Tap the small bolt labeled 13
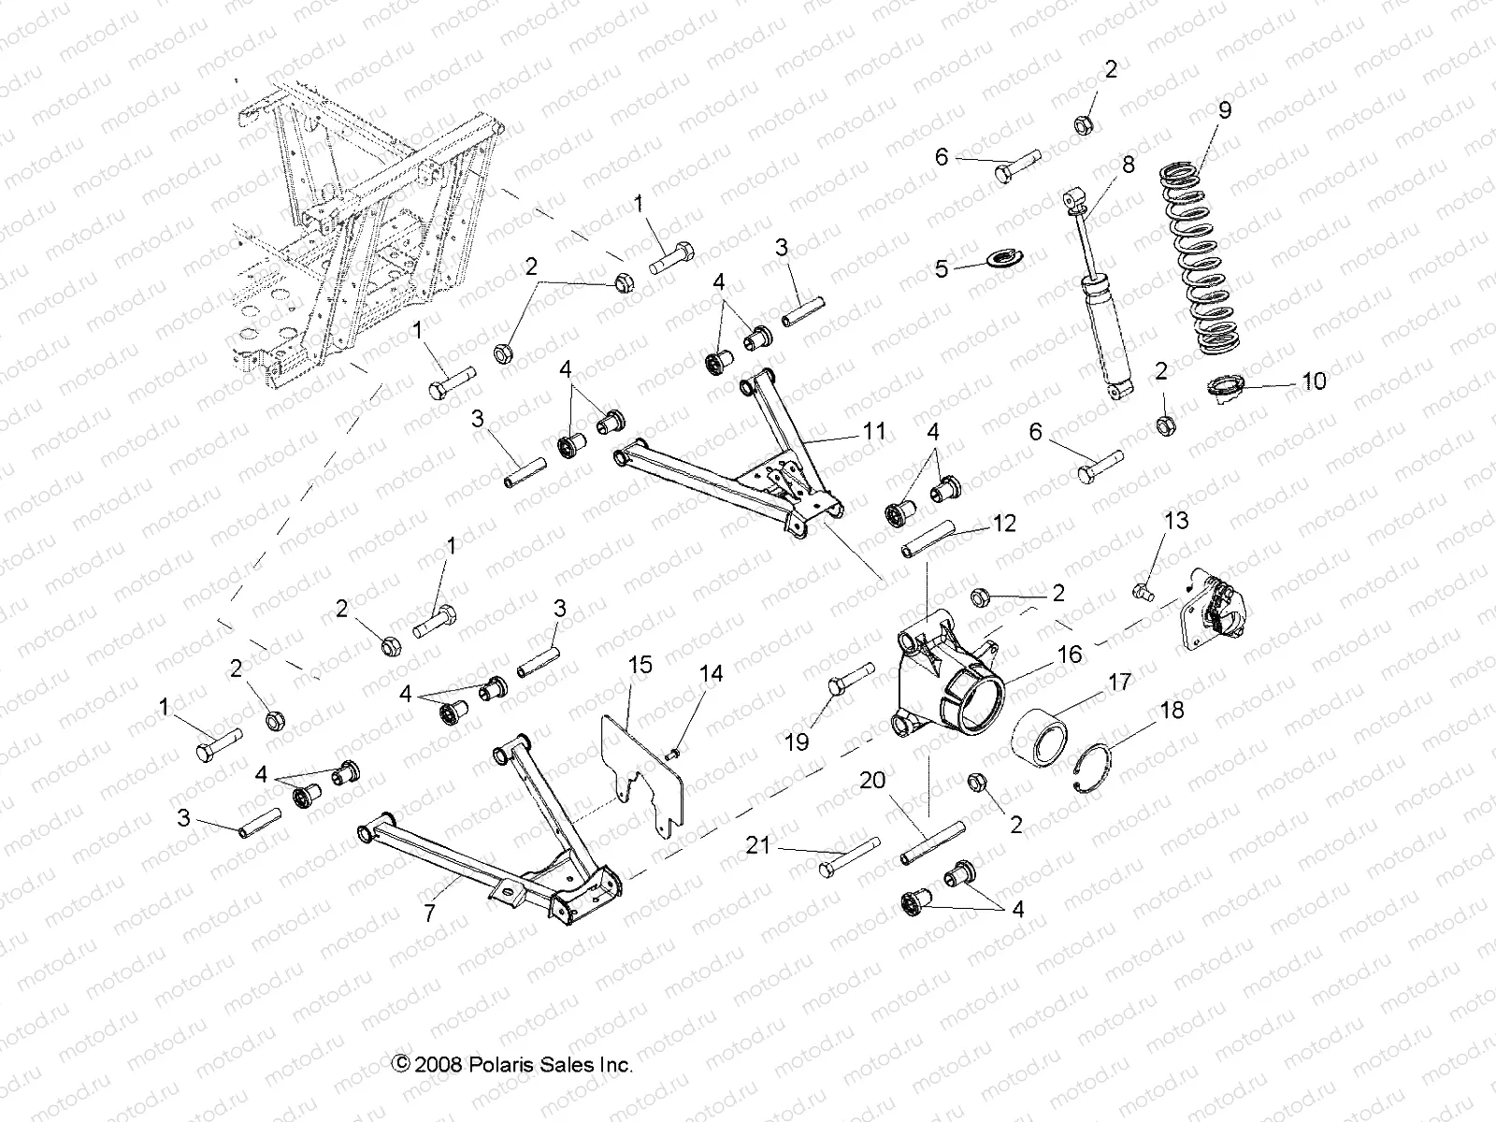[1144, 590]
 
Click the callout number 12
[1003, 524]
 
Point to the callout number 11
[873, 431]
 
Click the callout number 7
[429, 913]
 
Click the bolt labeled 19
[849, 685]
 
